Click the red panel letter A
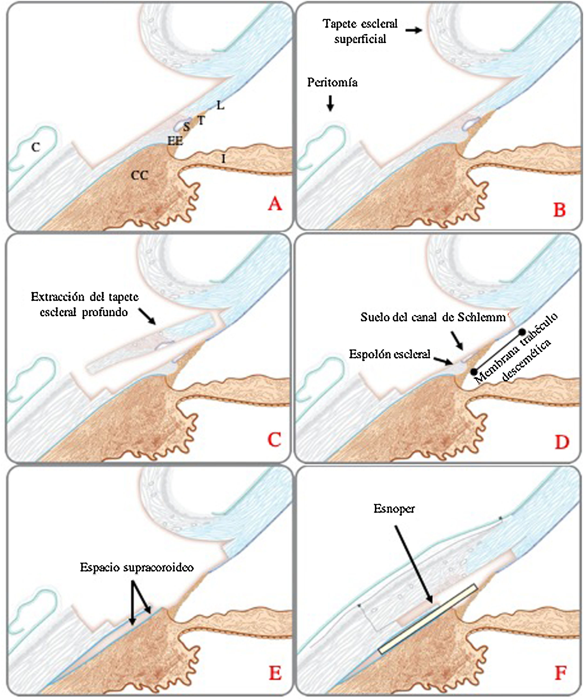coord(275,204)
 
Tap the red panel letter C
coord(274,440)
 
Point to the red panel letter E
coord(275,673)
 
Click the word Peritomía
coord(332,83)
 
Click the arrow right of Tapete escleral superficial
coord(414,30)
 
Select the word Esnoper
coord(394,508)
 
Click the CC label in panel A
coord(139,175)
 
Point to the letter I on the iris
coord(223,159)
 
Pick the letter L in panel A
coord(220,106)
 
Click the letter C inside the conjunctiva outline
coord(36,147)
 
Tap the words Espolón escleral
coord(389,354)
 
